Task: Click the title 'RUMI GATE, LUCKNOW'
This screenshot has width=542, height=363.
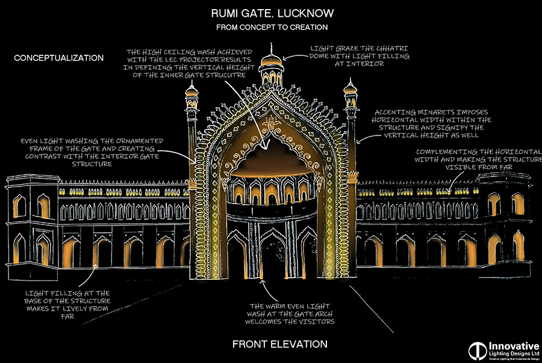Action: (272, 13)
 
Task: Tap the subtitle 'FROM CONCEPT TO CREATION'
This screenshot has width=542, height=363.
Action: (272, 27)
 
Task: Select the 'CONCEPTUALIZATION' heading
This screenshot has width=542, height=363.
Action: (59, 58)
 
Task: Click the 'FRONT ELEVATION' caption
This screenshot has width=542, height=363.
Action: (280, 344)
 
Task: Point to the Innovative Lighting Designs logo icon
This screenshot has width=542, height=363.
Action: (478, 351)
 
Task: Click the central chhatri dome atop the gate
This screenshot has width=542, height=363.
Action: (272, 60)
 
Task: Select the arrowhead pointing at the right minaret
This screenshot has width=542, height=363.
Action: (359, 141)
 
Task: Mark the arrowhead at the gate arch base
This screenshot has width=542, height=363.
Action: (263, 282)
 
